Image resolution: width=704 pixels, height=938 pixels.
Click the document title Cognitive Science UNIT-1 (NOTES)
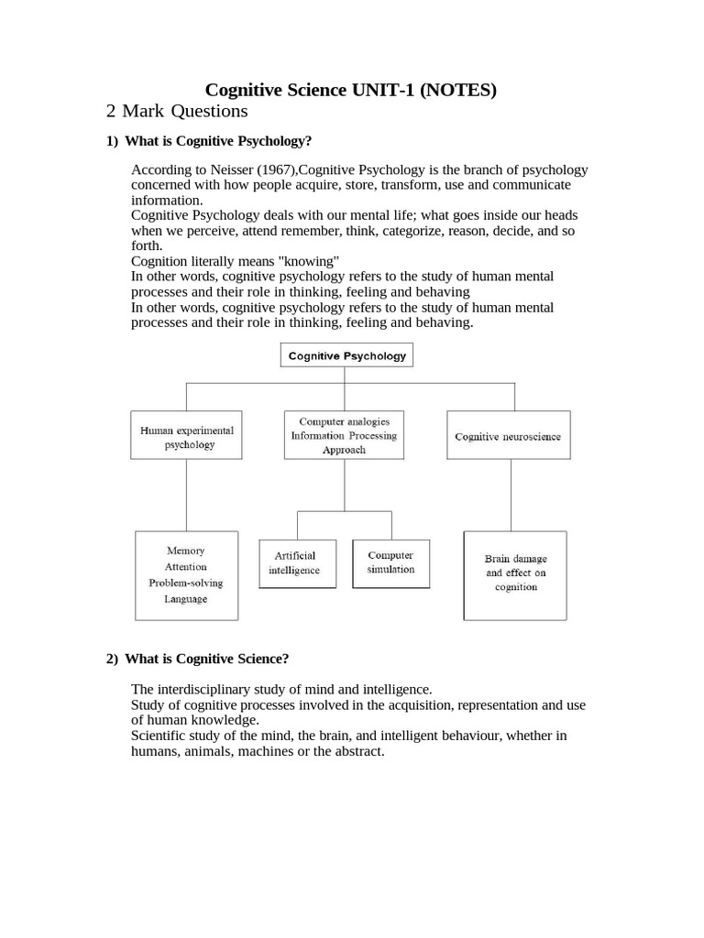click(351, 90)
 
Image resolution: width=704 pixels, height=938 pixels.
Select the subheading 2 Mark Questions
click(177, 111)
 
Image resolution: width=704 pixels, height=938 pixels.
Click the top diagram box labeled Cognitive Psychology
click(346, 355)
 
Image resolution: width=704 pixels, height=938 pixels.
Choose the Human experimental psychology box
click(187, 436)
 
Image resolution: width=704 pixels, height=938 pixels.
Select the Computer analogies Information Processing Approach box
click(344, 436)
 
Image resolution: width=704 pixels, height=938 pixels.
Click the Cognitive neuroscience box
click(508, 437)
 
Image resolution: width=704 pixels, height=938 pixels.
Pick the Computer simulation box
click(390, 562)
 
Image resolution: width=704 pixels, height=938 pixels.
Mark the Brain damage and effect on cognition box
click(515, 573)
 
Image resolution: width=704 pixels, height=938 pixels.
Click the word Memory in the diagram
click(186, 551)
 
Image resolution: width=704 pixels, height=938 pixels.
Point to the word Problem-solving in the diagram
click(186, 583)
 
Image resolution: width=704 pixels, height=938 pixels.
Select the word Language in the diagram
click(186, 599)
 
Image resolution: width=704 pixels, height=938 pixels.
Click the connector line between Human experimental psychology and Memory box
click(186, 495)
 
